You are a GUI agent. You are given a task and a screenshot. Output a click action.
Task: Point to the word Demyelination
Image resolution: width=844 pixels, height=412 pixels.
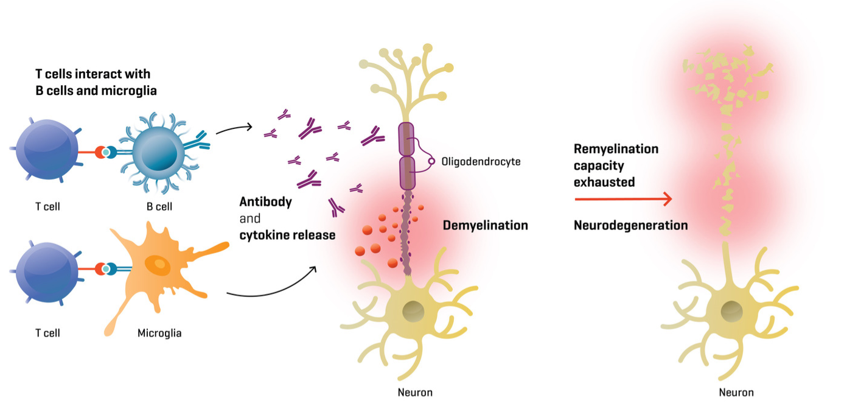[485, 226]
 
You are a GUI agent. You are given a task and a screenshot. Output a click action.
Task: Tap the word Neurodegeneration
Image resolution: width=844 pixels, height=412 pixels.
[630, 226]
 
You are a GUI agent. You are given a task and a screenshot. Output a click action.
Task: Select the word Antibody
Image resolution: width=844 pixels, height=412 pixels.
[265, 202]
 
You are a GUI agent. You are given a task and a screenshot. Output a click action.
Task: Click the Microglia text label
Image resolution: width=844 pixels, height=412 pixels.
[159, 333]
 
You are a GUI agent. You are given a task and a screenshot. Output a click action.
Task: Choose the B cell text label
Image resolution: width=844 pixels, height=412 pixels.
[159, 206]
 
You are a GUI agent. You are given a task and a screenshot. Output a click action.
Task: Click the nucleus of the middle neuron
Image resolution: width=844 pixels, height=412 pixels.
[414, 311]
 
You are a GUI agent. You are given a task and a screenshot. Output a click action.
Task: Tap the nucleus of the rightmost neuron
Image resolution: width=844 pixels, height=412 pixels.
[731, 312]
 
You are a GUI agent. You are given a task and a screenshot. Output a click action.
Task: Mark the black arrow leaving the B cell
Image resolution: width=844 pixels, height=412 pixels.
[234, 128]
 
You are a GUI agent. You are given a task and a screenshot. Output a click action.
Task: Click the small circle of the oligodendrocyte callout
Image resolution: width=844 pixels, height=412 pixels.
[432, 162]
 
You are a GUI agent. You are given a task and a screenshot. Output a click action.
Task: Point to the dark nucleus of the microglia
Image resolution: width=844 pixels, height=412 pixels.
[159, 264]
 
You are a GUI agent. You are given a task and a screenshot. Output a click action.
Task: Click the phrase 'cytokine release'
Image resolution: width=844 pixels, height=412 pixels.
[287, 235]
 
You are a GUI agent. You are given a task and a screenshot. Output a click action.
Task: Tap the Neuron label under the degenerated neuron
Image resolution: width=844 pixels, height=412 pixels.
[736, 393]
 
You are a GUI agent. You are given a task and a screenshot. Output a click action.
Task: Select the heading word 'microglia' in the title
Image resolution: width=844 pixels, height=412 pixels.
[128, 91]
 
